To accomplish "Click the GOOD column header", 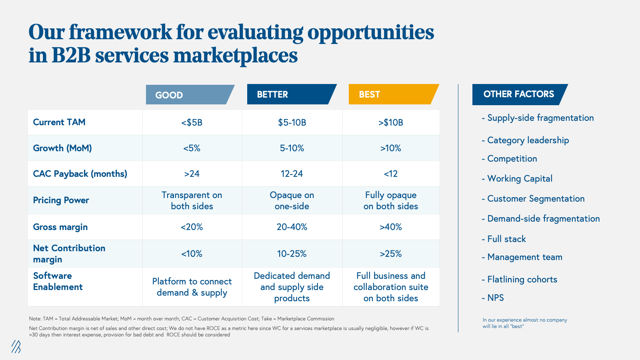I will point(188,95).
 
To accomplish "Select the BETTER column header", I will point(290,94).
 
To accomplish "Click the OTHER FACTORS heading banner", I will point(518,94).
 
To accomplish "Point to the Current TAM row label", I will point(59,122).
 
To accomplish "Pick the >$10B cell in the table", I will point(391,122).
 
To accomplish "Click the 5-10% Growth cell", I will point(292,148).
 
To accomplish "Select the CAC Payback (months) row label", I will point(80,174).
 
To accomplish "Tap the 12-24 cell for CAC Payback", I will point(292,174).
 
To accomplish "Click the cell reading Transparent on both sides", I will point(192,201).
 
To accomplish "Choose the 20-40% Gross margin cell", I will point(292,227).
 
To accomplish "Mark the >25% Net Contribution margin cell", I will point(391,254).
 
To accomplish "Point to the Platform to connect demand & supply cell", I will point(192,287).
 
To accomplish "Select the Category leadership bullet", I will point(528,140).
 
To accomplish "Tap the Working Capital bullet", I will point(520,179).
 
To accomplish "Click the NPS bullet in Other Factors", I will point(495,298).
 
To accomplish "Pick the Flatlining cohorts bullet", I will point(522,280).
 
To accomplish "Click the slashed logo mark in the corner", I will point(16,346).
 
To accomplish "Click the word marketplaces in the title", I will point(236,55).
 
